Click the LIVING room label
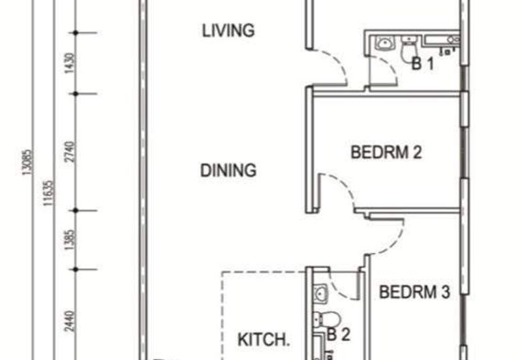click(x=227, y=30)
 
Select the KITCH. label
click(x=262, y=340)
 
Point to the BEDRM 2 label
click(x=386, y=153)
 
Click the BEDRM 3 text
click(x=415, y=292)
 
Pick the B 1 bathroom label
click(x=422, y=64)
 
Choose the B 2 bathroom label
click(x=339, y=336)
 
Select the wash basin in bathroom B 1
click(x=384, y=44)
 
